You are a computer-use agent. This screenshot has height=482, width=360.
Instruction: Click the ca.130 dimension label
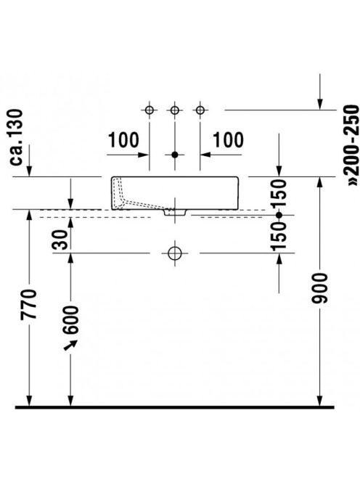[x=16, y=137]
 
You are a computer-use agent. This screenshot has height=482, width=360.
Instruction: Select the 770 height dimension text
[x=28, y=304]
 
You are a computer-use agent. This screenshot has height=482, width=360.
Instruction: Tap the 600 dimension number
[x=70, y=319]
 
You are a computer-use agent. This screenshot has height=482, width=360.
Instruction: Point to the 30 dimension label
[x=60, y=240]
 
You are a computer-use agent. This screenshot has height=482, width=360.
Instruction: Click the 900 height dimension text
[x=319, y=288]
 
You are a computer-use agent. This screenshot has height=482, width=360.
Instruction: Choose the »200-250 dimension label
[x=352, y=145]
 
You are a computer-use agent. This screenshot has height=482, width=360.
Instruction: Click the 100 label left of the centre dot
[x=123, y=140]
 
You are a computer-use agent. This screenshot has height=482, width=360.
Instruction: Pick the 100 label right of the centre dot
[x=228, y=140]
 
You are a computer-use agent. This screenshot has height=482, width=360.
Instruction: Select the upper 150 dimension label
[x=279, y=195]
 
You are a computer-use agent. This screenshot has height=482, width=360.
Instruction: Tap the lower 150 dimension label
[x=279, y=236]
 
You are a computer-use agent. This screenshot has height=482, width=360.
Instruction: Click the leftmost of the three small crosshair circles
[x=150, y=110]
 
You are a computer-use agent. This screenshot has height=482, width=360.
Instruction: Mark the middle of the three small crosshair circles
[x=175, y=110]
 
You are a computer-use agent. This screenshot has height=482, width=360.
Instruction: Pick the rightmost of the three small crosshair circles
[x=200, y=110]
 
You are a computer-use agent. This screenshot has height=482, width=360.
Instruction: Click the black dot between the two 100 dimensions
[x=175, y=155]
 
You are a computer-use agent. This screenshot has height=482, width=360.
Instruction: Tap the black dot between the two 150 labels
[x=279, y=215]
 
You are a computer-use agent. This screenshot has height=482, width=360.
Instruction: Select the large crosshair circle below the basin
[x=175, y=253]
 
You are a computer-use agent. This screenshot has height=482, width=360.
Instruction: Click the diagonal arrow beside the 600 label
[x=70, y=345]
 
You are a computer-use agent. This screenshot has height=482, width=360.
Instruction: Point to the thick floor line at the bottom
[x=175, y=407]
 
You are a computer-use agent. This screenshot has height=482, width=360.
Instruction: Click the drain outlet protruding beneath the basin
[x=175, y=213]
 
